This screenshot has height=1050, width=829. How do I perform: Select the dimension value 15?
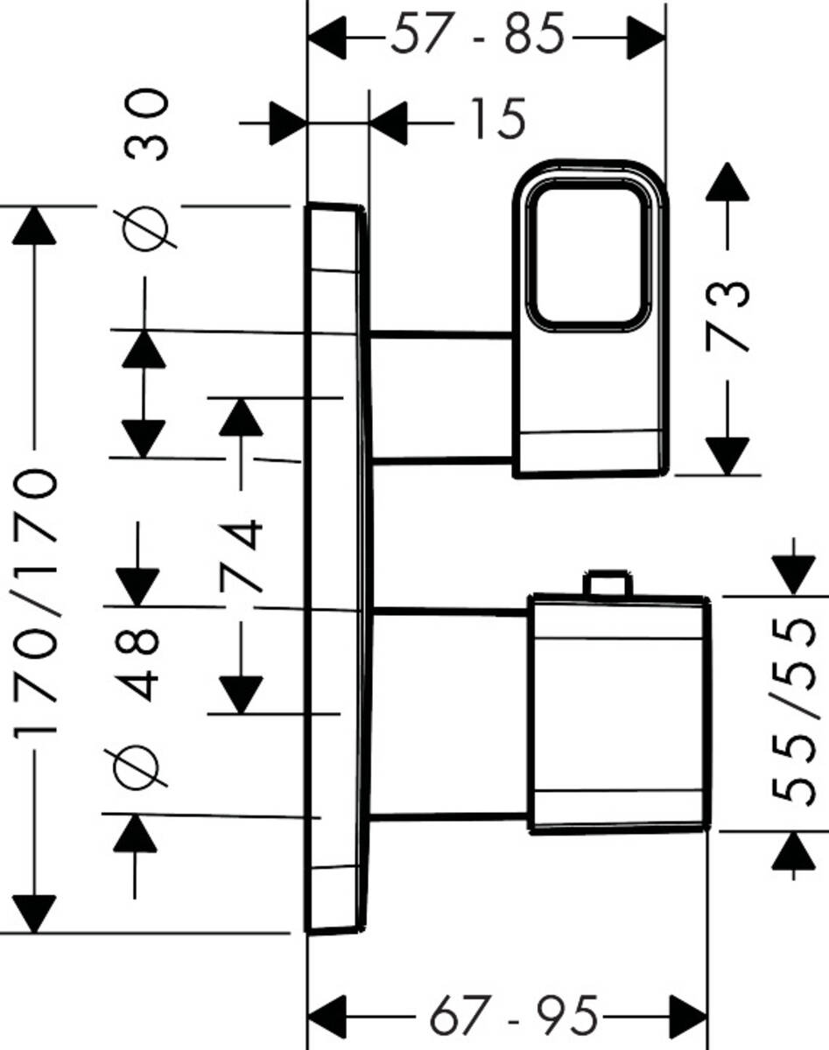tap(497, 119)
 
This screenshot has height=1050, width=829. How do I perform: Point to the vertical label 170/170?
tap(37, 604)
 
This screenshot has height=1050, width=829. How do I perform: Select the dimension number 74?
tap(242, 556)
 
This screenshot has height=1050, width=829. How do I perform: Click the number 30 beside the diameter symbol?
tap(146, 125)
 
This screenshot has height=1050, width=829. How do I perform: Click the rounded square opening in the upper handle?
tap(588, 257)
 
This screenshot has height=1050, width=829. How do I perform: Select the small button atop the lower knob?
tap(607, 584)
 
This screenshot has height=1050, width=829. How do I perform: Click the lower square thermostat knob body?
tap(618, 713)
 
